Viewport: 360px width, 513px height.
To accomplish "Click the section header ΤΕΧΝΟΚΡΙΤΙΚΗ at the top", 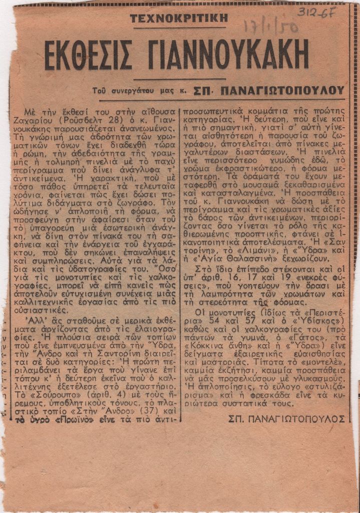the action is pos(179,19).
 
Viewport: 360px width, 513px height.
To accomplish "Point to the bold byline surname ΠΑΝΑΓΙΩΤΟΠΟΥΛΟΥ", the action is pos(282,91).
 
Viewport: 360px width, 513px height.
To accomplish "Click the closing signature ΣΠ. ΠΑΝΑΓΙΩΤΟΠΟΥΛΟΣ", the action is pos(286,418).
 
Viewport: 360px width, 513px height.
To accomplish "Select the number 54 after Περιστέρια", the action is pos(208,320).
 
